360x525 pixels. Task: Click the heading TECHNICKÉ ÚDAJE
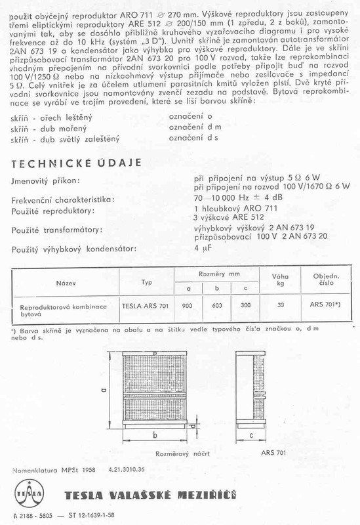[x=74, y=161]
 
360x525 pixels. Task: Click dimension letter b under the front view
[x=153, y=436]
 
